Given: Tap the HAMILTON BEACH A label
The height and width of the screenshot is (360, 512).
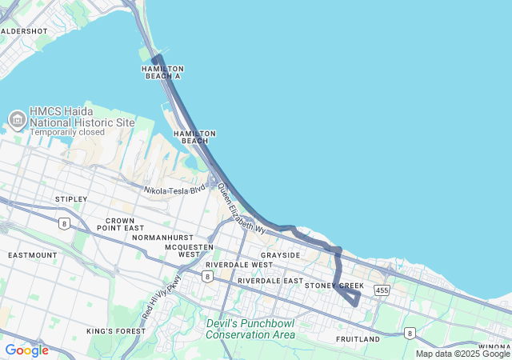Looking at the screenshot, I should [x=162, y=73].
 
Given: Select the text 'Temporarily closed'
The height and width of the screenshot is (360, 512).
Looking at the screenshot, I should [x=67, y=132].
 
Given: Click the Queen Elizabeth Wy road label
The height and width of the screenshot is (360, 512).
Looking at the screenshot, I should [x=242, y=208].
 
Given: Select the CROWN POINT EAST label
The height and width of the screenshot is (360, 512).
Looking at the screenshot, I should [x=120, y=225].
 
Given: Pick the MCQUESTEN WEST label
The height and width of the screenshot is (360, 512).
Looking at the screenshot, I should [x=190, y=250].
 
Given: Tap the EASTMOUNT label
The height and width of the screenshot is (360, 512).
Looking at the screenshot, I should [x=32, y=255].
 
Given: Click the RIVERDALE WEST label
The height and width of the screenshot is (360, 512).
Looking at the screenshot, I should [x=238, y=264].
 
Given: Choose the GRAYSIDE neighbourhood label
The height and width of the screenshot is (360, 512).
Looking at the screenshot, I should [x=280, y=255].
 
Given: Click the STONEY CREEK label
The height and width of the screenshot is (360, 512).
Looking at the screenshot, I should [x=334, y=286].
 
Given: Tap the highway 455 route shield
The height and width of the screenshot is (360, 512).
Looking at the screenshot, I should [x=382, y=290].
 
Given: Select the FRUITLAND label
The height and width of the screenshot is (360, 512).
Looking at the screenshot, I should [x=358, y=339].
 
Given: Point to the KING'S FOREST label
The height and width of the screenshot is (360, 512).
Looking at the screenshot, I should [x=113, y=331].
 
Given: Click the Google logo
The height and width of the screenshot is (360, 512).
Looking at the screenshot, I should [x=26, y=350].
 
